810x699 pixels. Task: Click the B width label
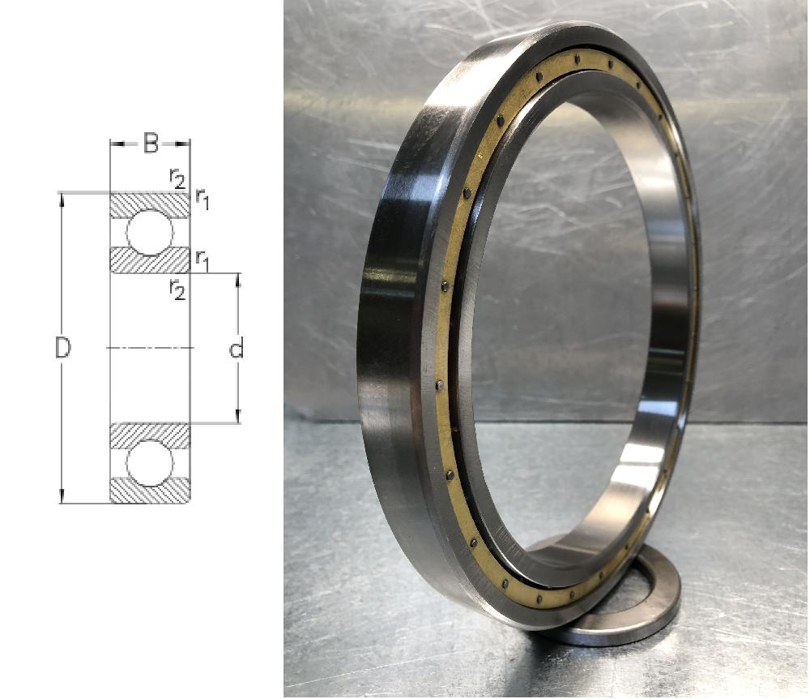pyautogui.click(x=151, y=144)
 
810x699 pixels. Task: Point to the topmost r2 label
pyautogui.click(x=177, y=178)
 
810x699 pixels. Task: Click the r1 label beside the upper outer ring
pyautogui.click(x=202, y=199)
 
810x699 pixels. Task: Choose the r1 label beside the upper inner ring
pyautogui.click(x=202, y=260)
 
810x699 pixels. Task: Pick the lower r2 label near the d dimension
pyautogui.click(x=177, y=289)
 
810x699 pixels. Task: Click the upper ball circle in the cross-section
pyautogui.click(x=150, y=233)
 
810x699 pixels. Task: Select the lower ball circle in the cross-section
pyautogui.click(x=150, y=463)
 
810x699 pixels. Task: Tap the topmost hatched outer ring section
pyautogui.click(x=150, y=205)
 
